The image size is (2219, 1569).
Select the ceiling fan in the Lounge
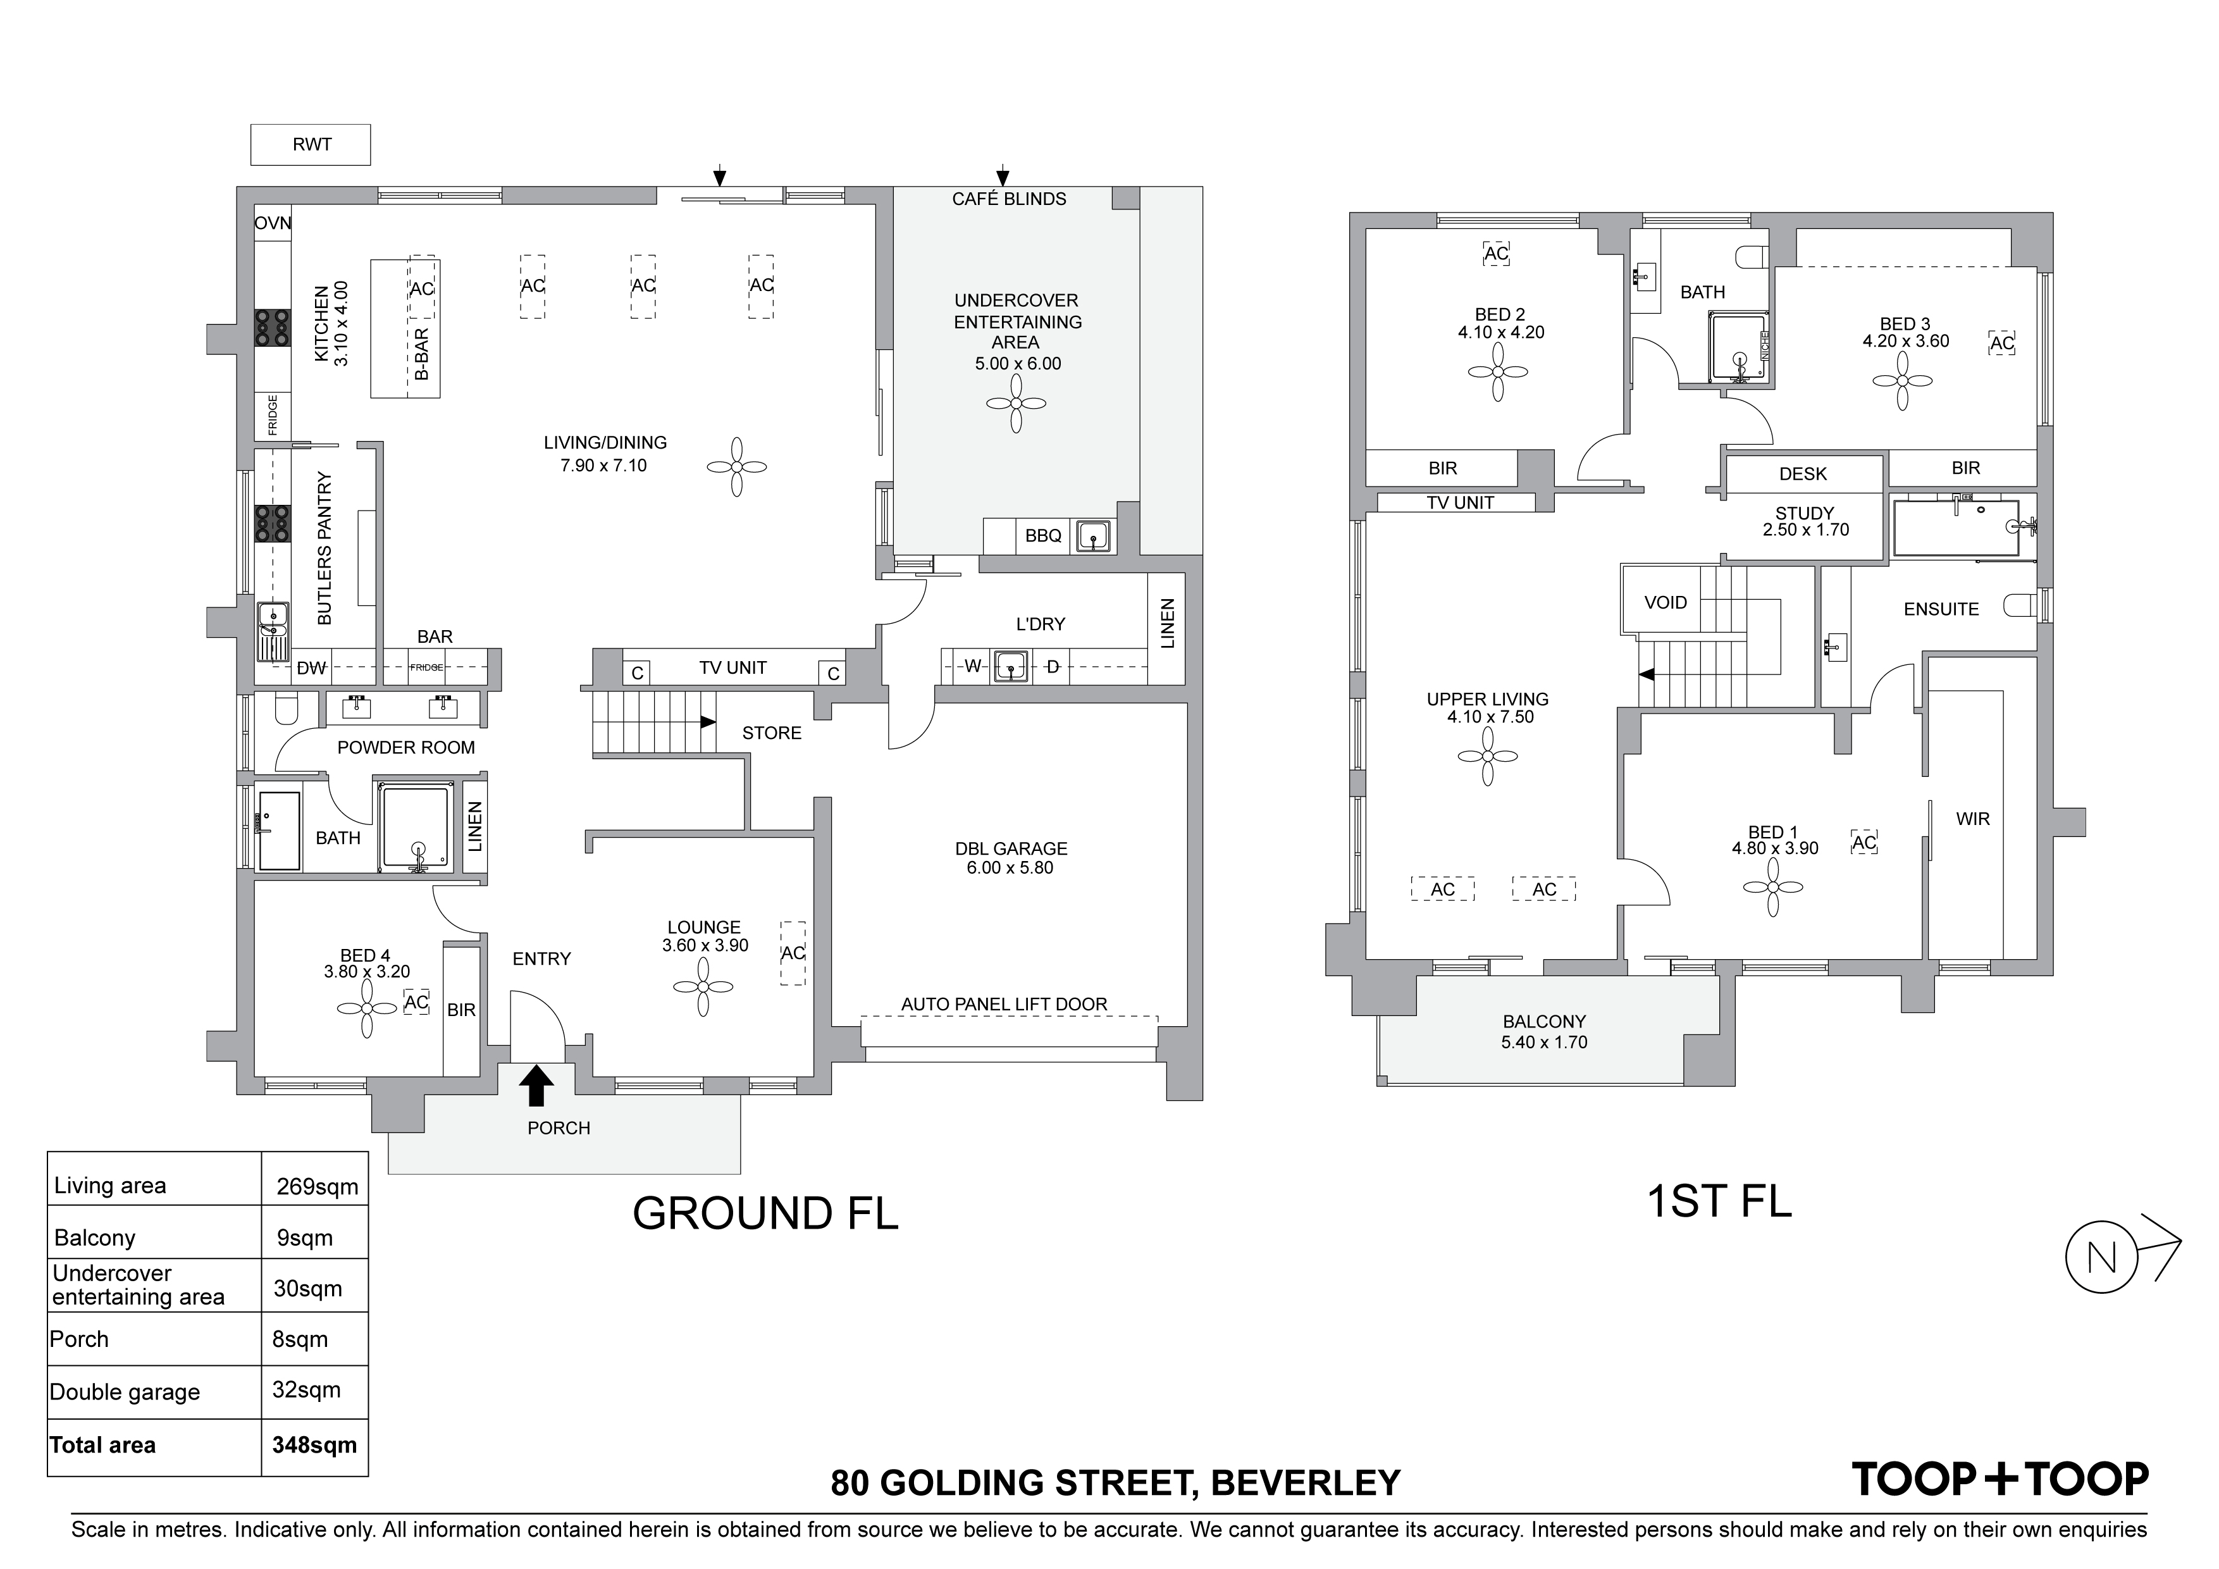[703, 987]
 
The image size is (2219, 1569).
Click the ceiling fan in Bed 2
[1498, 371]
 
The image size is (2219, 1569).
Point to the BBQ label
[1043, 536]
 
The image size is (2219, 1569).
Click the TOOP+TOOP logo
[2000, 1480]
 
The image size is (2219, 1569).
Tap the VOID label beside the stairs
[1666, 602]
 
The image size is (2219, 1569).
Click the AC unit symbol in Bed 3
[2001, 343]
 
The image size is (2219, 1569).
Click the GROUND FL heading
[765, 1213]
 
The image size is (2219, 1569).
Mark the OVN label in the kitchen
[273, 223]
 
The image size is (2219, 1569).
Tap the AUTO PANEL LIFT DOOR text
[1004, 1005]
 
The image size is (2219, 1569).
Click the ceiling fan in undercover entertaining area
[1016, 403]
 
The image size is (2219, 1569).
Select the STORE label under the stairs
[771, 733]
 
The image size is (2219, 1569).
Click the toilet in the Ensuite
[2022, 606]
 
